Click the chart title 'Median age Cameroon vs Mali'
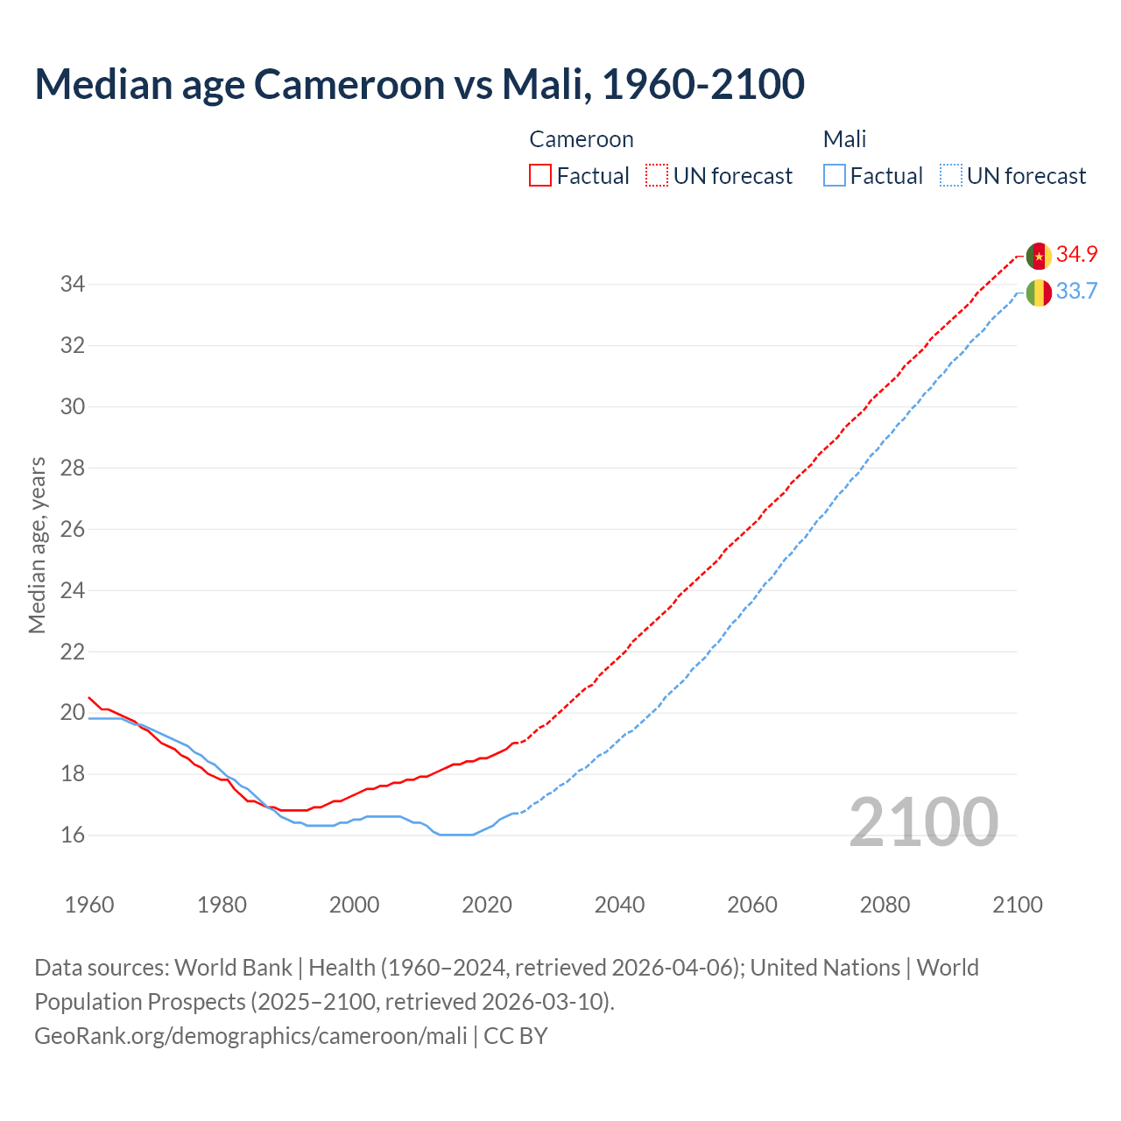(419, 84)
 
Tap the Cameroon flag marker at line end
(1039, 256)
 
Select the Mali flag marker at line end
(1039, 293)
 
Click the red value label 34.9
(1076, 254)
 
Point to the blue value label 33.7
(1076, 291)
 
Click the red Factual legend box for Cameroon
(540, 176)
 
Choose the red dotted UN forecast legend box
(657, 176)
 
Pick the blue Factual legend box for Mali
(835, 176)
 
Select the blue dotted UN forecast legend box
(951, 176)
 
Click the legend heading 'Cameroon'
(582, 139)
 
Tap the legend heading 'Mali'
(844, 139)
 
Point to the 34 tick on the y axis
(72, 284)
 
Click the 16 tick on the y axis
(72, 835)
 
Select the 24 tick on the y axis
(72, 590)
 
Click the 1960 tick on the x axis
(89, 905)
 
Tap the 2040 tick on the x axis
(619, 905)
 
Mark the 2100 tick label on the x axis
(1017, 905)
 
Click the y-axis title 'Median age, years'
(37, 545)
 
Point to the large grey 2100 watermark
(924, 821)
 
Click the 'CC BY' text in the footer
(516, 1036)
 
